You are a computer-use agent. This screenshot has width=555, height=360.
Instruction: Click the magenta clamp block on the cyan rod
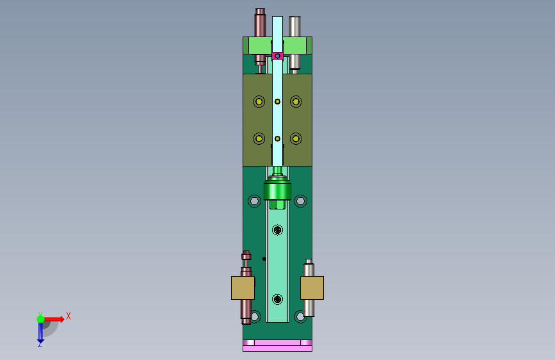(x=278, y=56)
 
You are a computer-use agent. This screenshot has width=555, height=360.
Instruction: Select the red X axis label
(x=68, y=316)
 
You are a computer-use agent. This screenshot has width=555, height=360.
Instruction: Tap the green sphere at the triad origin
(x=41, y=319)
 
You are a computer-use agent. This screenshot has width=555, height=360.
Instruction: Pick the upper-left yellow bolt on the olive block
(x=259, y=102)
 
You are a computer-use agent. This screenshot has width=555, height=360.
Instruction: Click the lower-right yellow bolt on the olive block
(x=296, y=138)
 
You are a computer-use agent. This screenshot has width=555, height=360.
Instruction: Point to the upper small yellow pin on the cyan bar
(x=278, y=102)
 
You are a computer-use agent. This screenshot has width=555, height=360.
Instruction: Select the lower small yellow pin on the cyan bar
(x=278, y=138)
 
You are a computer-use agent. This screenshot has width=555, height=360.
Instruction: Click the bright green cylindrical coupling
(x=278, y=190)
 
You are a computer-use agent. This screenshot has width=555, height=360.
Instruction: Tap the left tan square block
(x=243, y=288)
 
